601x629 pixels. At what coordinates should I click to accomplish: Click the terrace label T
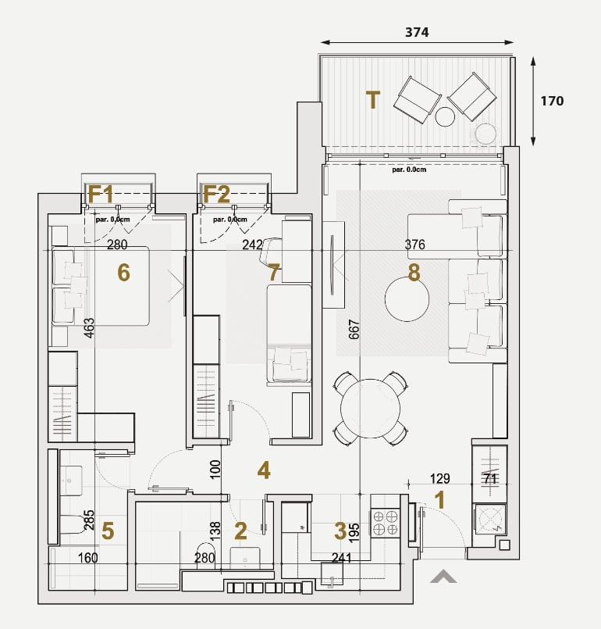(x=372, y=100)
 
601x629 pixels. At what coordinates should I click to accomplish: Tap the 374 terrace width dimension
(x=417, y=32)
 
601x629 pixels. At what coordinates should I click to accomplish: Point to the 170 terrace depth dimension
(x=552, y=101)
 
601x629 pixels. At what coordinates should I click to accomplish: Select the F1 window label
(x=101, y=194)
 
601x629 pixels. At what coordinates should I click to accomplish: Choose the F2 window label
(x=216, y=194)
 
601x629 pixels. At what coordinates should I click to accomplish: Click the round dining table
(x=370, y=409)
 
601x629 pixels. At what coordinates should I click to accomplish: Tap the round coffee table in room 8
(x=407, y=299)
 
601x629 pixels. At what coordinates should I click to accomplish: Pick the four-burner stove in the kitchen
(x=385, y=522)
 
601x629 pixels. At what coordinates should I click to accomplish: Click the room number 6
(x=123, y=273)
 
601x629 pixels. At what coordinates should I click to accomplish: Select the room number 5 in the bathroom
(x=108, y=531)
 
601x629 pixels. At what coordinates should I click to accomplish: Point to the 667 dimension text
(x=354, y=329)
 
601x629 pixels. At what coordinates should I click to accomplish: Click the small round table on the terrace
(x=445, y=117)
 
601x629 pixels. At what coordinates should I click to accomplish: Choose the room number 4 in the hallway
(x=264, y=470)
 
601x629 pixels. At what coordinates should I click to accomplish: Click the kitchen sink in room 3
(x=333, y=574)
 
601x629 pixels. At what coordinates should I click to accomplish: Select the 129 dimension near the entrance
(x=440, y=478)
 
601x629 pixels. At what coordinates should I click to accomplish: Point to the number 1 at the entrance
(x=440, y=500)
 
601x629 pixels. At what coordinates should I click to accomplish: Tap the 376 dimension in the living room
(x=414, y=245)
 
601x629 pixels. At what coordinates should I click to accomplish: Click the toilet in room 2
(x=206, y=556)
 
